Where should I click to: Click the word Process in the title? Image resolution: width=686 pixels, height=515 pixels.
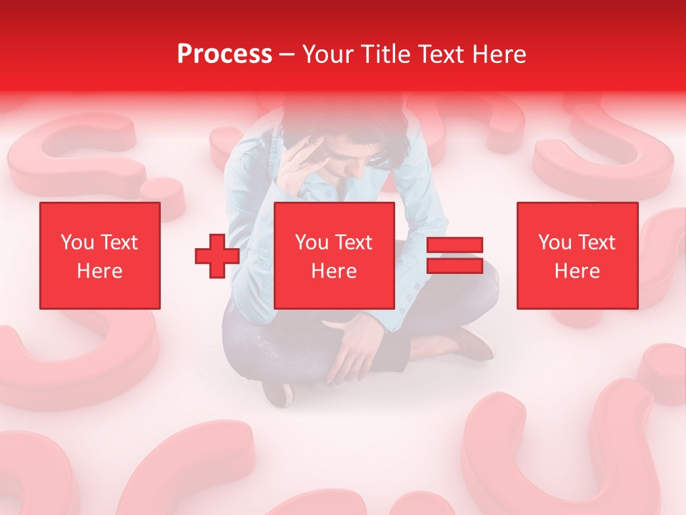click(x=224, y=54)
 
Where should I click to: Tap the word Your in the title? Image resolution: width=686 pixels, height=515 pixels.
click(x=329, y=54)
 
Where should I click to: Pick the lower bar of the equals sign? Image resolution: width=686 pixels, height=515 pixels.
click(x=454, y=266)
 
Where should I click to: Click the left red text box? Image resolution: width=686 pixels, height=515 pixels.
click(x=100, y=255)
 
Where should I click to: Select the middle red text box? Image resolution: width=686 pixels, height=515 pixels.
click(x=334, y=255)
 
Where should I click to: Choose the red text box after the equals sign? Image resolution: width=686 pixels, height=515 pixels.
click(x=577, y=255)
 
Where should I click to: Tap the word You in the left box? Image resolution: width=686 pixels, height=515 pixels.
click(x=77, y=242)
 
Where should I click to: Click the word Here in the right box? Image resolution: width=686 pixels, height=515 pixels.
click(x=577, y=271)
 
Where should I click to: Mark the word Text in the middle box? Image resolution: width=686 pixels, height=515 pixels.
click(x=354, y=242)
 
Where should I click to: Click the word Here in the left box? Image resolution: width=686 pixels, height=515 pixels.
click(x=100, y=271)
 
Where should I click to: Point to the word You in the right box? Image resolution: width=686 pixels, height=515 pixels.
click(x=555, y=242)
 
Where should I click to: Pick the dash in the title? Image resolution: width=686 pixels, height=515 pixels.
click(x=287, y=54)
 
